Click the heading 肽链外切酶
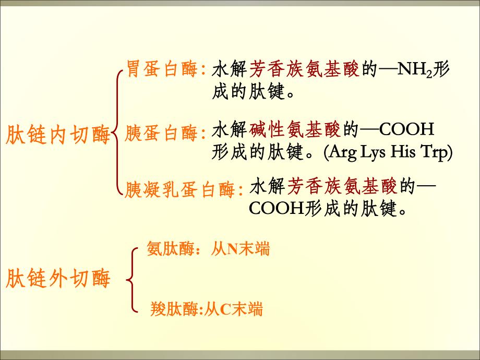[58, 279]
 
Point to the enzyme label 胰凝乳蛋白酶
[181, 190]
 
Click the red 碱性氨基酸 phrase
[295, 128]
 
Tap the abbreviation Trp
[435, 153]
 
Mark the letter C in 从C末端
[224, 310]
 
